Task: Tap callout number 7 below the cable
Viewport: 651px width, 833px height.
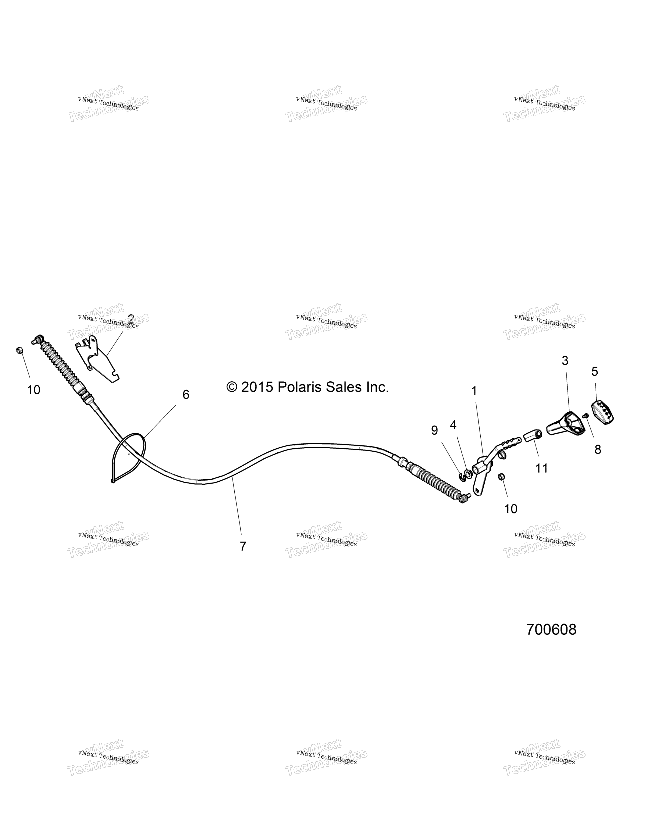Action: tap(243, 546)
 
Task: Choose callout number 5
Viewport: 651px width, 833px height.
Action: tap(595, 371)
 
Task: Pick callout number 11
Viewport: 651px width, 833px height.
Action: tap(542, 468)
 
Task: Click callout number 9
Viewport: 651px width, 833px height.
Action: tap(434, 430)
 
